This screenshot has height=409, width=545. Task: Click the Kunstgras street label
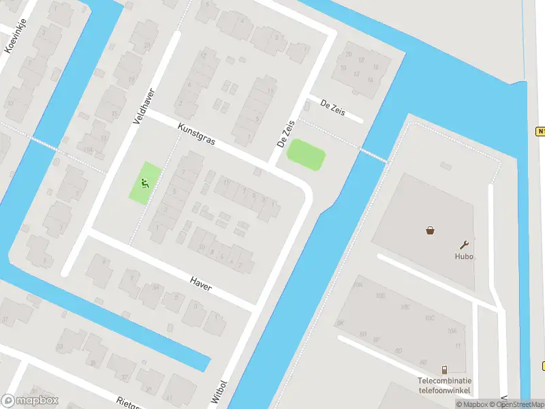[196, 134]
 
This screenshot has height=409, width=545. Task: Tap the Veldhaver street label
[144, 106]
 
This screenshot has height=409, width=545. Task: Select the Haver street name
[201, 284]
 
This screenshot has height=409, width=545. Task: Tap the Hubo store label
[464, 256]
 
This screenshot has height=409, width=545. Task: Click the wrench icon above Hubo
[465, 245]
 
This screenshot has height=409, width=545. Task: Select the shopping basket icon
[431, 230]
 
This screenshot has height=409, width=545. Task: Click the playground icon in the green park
[144, 182]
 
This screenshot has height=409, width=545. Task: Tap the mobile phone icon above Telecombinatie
[445, 369]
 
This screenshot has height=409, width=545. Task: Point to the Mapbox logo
[30, 401]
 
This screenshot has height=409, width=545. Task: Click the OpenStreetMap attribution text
[518, 404]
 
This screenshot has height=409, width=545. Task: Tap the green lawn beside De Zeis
[306, 155]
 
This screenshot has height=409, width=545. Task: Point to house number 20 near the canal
[349, 54]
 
